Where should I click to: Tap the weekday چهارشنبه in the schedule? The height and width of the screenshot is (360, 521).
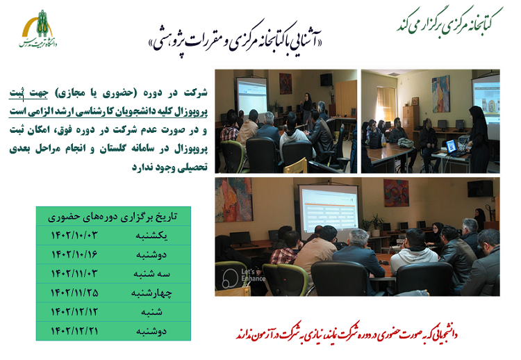click(155, 292)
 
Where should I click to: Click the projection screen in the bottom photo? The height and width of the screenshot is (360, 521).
click(328, 208)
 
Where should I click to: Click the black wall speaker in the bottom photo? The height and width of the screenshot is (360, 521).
click(480, 188)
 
